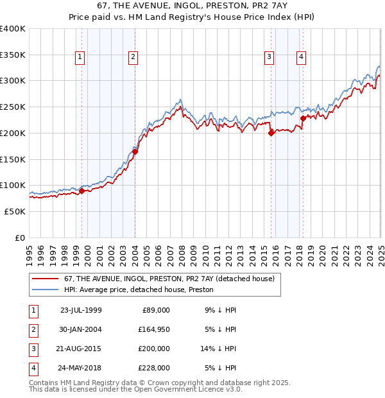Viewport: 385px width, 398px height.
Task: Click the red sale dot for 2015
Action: coord(271,134)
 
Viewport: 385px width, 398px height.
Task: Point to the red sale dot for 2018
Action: coord(303,118)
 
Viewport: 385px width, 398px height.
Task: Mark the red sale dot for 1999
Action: coord(82,191)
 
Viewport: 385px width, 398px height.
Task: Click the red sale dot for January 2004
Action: coord(135,152)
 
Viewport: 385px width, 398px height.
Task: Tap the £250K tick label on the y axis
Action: coord(13,107)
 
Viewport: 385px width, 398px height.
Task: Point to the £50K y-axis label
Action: coord(15,211)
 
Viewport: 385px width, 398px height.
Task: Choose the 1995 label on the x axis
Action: coord(30,250)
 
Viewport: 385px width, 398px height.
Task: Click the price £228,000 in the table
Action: coord(155,368)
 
